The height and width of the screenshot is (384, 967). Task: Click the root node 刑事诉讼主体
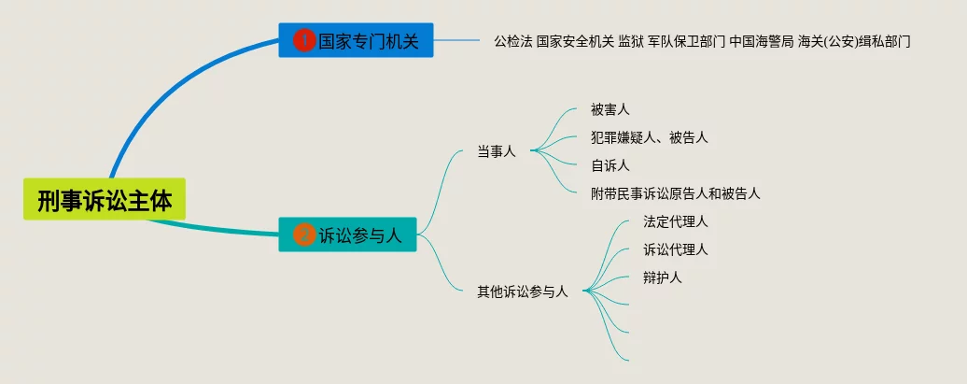point(105,199)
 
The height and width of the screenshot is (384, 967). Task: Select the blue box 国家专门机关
point(356,40)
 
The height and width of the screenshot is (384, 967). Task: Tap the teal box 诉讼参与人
point(348,235)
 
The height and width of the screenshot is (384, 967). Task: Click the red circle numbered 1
point(304,41)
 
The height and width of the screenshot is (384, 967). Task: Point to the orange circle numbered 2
point(304,235)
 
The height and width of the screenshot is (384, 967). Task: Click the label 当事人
point(497,152)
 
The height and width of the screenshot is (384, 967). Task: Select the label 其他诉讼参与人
point(523,292)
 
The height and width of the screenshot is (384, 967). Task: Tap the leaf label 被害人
point(610,110)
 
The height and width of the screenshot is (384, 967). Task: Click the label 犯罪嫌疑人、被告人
point(650,137)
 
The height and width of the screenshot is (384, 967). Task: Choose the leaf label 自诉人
point(610,165)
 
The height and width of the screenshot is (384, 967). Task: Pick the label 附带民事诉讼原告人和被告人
point(675,193)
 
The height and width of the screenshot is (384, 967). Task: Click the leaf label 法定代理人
point(675,221)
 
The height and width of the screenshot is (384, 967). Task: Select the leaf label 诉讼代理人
point(675,250)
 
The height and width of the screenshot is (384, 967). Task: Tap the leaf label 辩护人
point(663,277)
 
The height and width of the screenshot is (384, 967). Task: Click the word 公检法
point(513,42)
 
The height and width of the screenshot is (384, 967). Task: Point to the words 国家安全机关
point(575,42)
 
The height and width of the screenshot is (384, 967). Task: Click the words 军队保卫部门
point(686,42)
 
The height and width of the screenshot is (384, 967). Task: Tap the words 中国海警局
point(762,42)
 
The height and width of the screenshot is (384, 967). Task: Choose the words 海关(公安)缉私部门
point(854,42)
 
